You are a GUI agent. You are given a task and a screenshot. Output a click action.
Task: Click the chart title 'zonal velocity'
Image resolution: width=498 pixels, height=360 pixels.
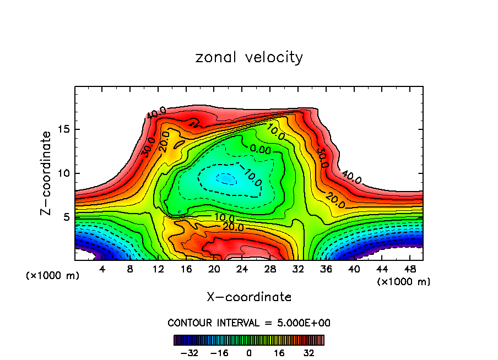(x=249, y=57)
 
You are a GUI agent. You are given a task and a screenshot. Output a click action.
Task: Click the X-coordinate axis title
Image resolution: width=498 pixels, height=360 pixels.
(x=249, y=297)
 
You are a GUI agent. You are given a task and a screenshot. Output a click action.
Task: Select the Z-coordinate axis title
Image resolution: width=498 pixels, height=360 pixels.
(x=47, y=173)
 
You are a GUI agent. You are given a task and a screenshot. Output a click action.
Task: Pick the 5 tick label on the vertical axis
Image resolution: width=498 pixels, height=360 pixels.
(x=67, y=217)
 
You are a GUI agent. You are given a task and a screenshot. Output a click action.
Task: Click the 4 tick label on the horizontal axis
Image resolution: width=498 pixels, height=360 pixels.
(x=102, y=269)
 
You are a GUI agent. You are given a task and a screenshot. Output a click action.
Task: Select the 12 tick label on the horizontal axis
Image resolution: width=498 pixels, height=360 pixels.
(x=158, y=269)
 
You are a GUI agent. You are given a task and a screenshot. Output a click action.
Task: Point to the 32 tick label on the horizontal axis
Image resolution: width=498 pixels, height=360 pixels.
(x=298, y=269)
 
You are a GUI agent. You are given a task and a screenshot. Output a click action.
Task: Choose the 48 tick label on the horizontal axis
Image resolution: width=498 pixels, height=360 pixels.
(x=409, y=269)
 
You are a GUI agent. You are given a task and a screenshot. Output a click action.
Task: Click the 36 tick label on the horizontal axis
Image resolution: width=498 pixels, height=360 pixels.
(x=326, y=269)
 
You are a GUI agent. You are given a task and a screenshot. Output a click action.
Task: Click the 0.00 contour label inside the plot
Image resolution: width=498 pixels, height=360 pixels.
(x=260, y=149)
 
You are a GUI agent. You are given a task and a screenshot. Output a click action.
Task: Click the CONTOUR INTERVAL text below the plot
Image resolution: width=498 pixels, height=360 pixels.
(x=249, y=323)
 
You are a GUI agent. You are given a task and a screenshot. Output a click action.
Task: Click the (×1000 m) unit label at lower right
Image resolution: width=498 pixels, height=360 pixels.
(x=404, y=282)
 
